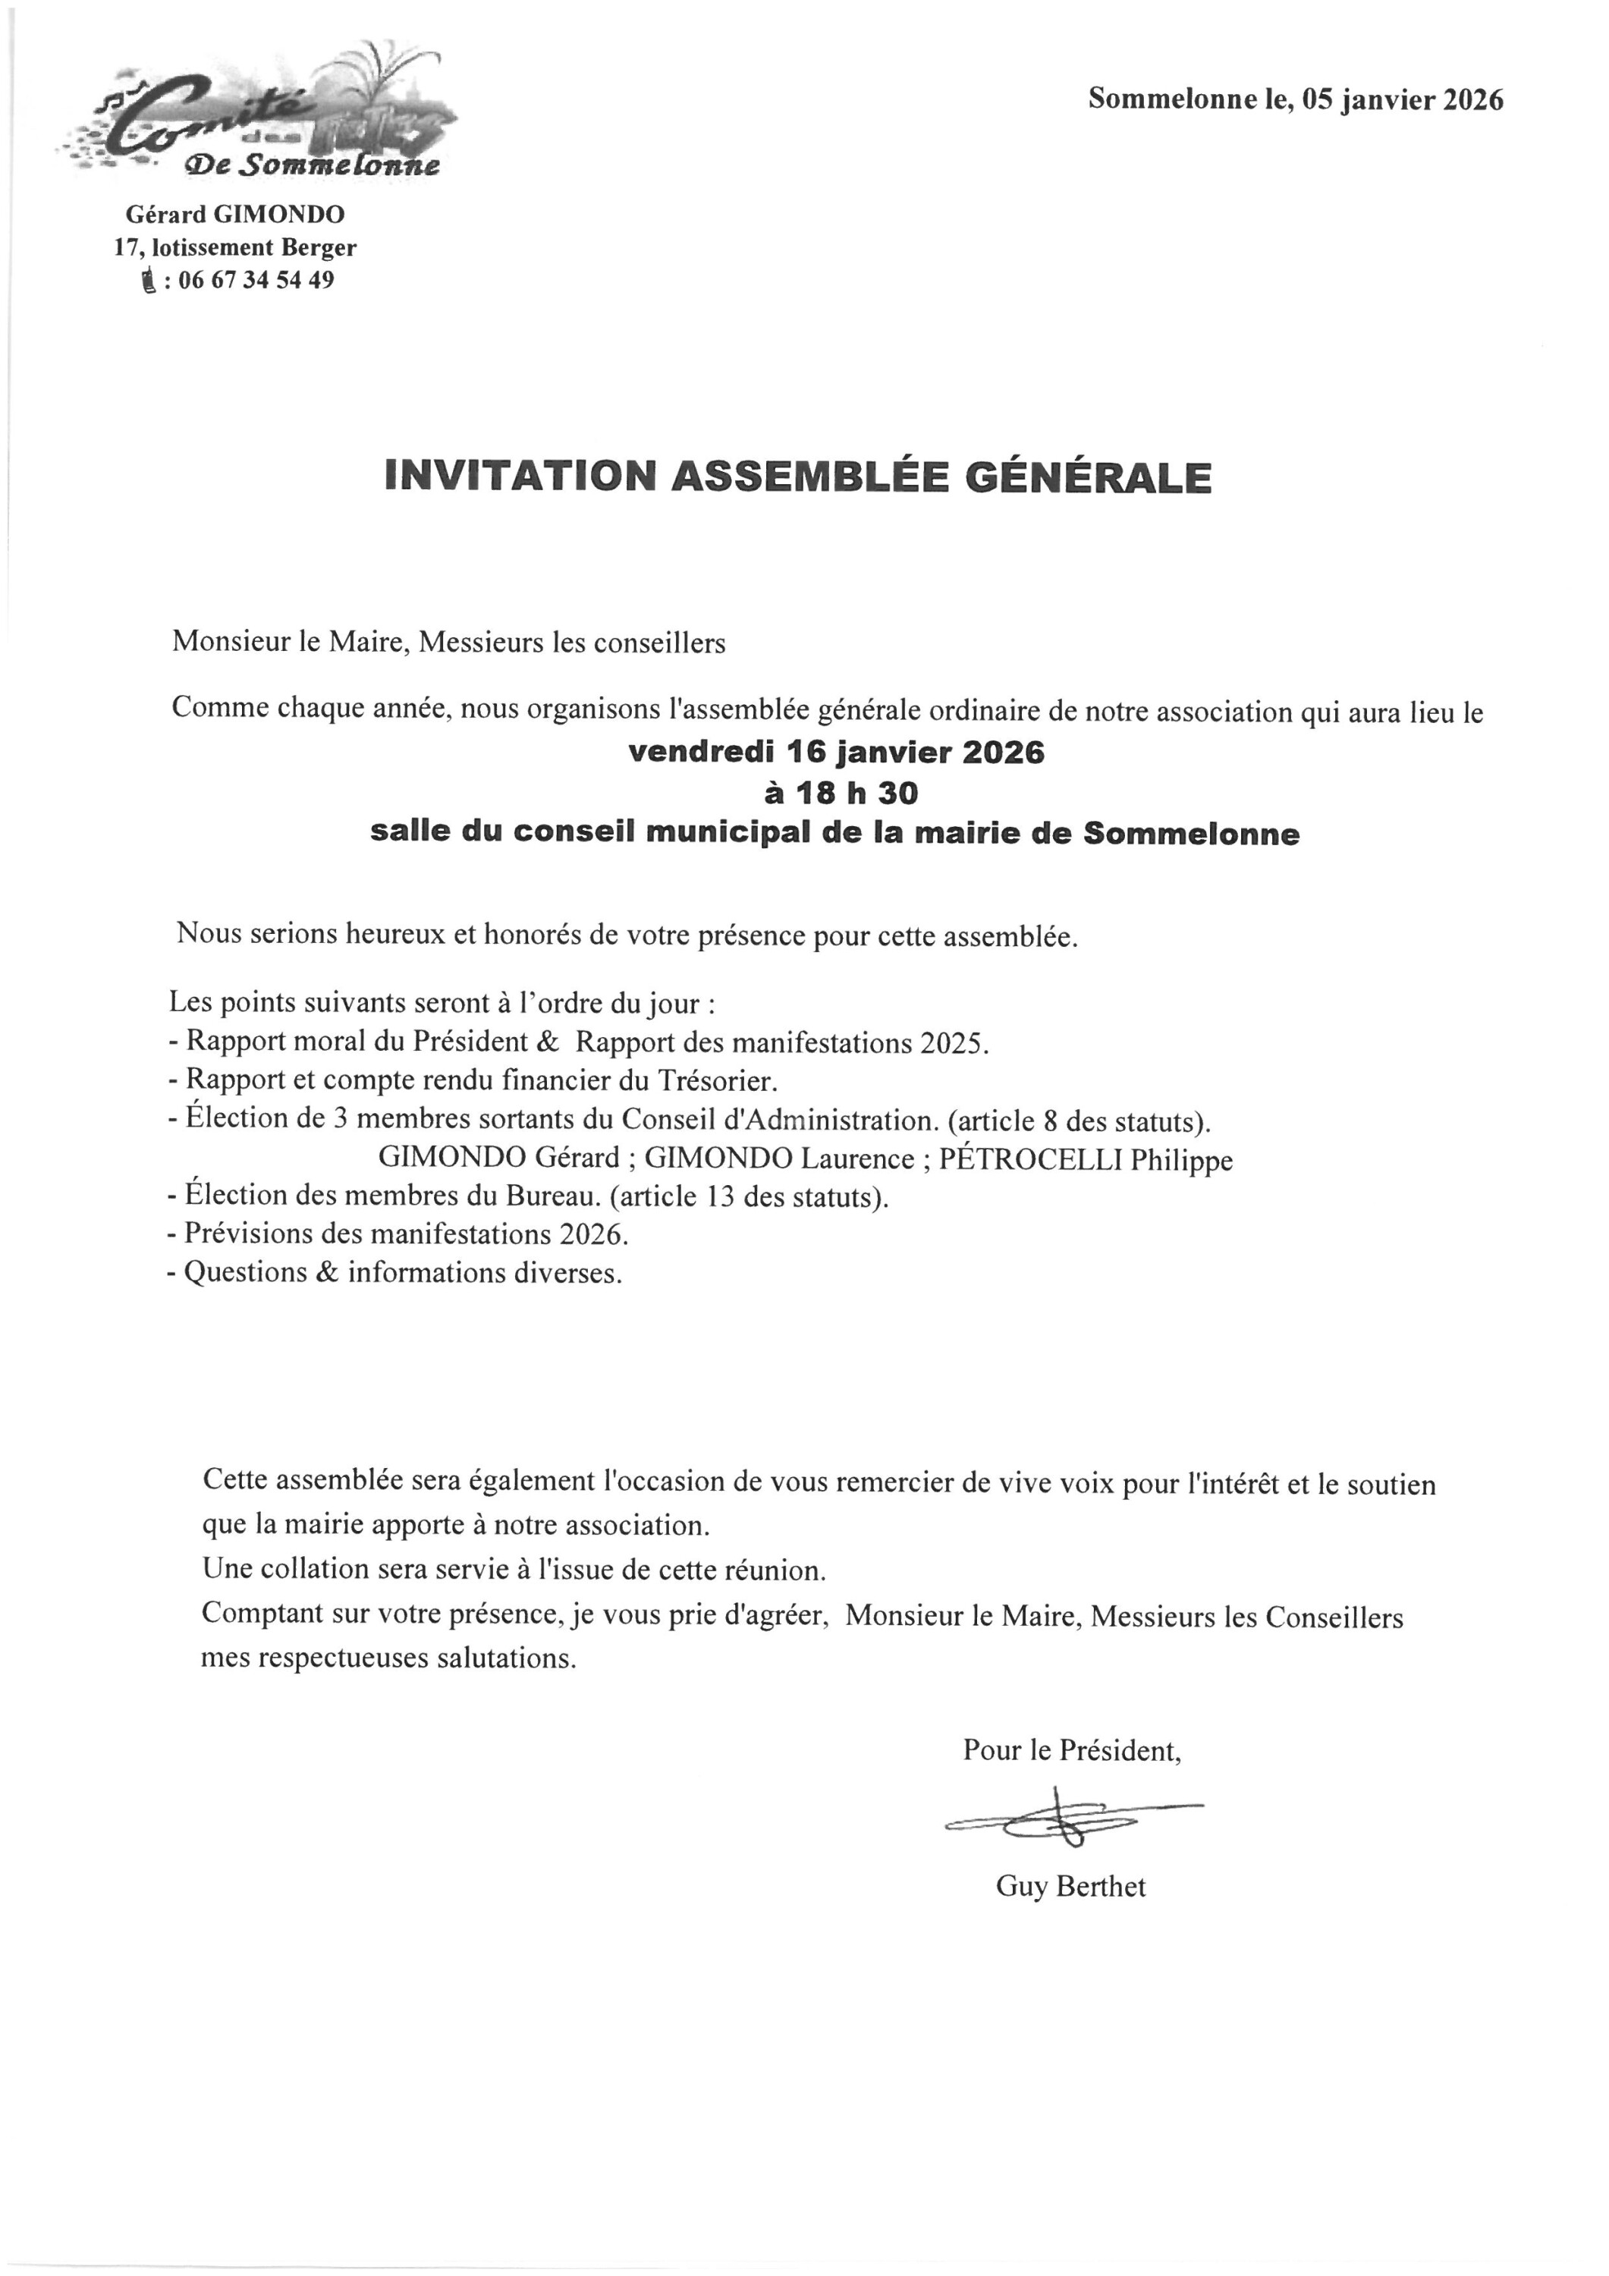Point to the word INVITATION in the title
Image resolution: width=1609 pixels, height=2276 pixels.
point(520,476)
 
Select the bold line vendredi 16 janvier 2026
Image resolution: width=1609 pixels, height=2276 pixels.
point(836,753)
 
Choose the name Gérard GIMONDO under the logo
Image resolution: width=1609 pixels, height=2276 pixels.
point(235,214)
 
